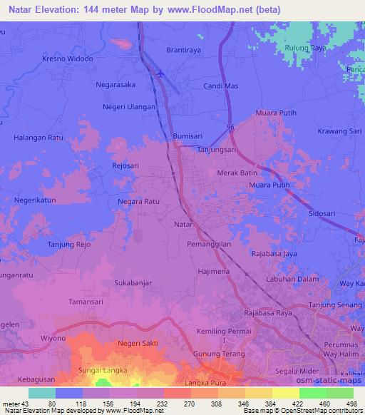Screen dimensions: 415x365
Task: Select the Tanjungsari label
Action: (217, 150)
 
